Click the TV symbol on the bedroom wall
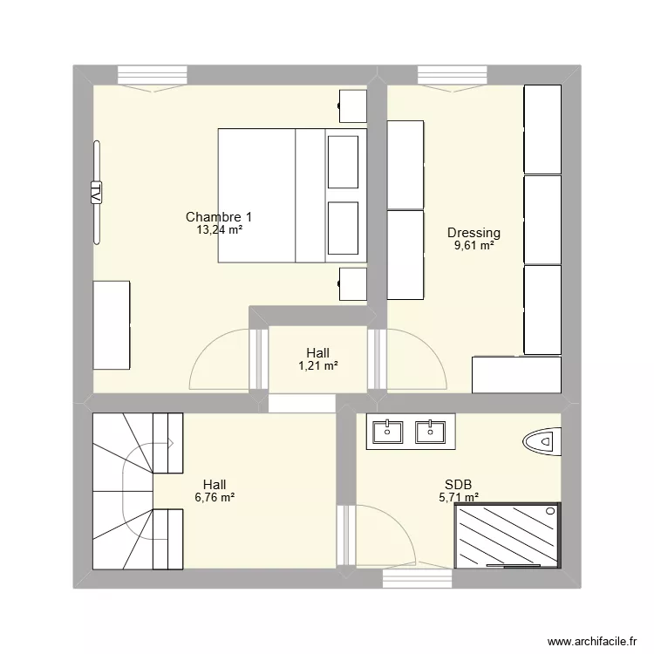pos(96,193)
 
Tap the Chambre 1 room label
pos(219,217)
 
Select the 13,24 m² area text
pos(220,229)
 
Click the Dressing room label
pos(473,233)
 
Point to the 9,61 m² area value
pos(473,246)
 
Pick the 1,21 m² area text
pos(317,365)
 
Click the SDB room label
pos(458,485)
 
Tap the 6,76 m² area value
pos(215,497)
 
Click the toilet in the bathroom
pos(542,442)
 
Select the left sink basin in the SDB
pos(387,433)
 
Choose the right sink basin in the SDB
pos(430,433)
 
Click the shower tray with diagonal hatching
pos(508,535)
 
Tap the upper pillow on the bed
pos(343,162)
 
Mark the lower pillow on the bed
pos(343,228)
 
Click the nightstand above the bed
pos(352,106)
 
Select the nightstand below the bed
pos(352,284)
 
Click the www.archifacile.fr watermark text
pos(592,641)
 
